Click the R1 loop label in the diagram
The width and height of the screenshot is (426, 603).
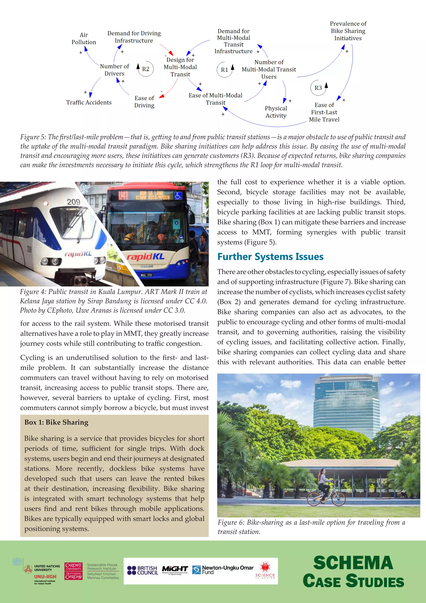point(224,70)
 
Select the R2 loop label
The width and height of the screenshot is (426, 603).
point(146,69)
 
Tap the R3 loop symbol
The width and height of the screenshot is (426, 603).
point(318,88)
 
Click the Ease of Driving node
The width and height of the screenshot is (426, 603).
point(144,102)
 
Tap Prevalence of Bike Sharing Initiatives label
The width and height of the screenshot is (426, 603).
point(348,31)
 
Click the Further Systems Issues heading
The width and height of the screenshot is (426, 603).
point(270,257)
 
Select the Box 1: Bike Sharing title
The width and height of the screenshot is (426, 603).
point(56,422)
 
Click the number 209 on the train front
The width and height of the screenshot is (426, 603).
point(73,202)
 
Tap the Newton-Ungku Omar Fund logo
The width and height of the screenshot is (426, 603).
point(223,570)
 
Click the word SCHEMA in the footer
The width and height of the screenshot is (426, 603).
point(353,563)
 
